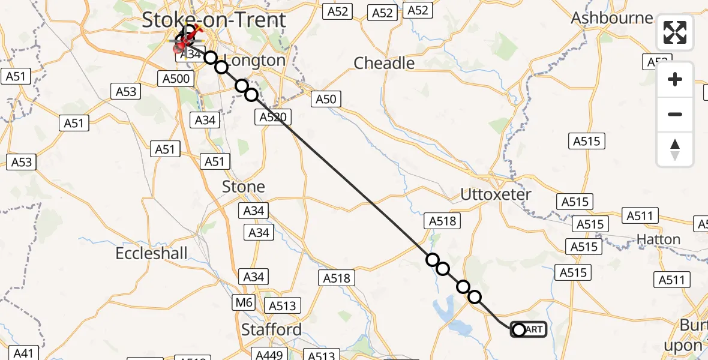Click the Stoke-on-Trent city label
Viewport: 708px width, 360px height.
214,20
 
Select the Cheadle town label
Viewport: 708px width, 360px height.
384,63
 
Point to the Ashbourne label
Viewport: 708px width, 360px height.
612,18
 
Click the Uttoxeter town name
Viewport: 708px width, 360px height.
496,194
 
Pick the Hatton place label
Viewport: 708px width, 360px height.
659,239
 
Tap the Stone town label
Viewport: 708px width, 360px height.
244,187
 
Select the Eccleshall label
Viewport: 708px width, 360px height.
152,253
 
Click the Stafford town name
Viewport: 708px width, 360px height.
271,329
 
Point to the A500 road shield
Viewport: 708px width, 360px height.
176,79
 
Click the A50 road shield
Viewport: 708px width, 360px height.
326,99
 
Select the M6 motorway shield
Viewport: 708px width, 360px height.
244,302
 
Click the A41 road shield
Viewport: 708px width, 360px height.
23,353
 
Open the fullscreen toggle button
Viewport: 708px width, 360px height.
675,32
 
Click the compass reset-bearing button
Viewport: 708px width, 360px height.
675,149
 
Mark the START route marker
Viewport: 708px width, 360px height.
529,329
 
